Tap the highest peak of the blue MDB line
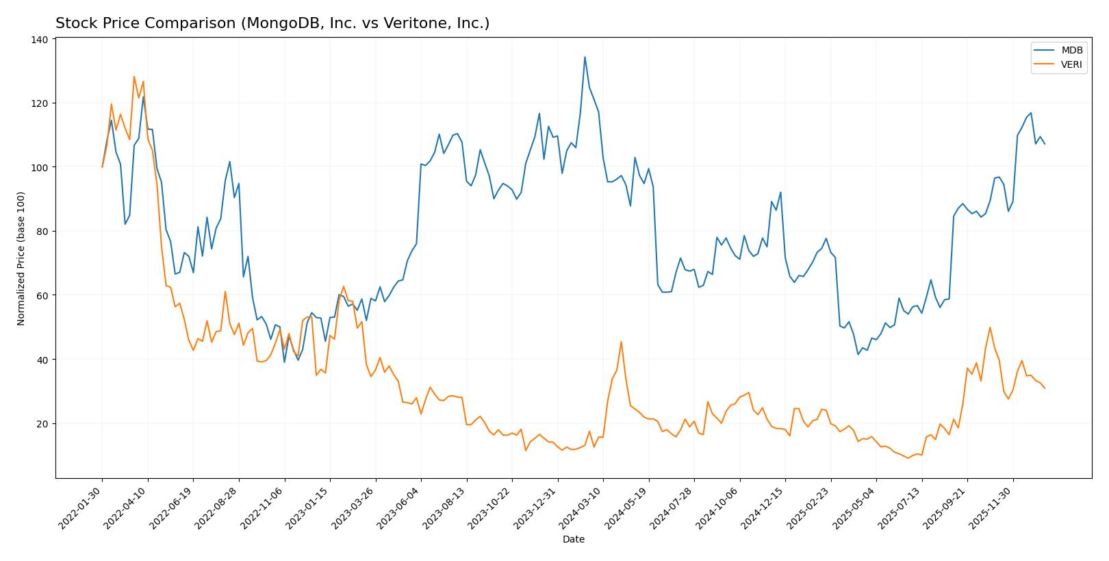click(585, 57)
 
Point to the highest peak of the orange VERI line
click(134, 77)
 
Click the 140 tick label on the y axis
click(40, 40)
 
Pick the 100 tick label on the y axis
click(40, 168)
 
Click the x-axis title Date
click(573, 540)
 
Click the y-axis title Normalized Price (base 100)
click(21, 258)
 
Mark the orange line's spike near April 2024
click(621, 342)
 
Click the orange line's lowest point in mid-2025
click(908, 458)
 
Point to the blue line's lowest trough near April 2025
click(858, 354)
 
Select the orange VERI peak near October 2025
click(990, 327)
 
